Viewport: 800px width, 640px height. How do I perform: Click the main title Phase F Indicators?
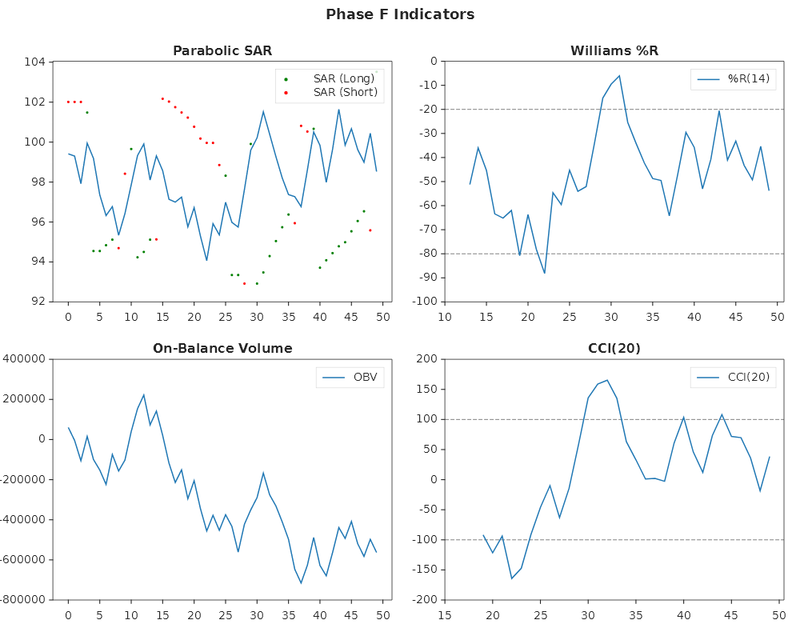400,14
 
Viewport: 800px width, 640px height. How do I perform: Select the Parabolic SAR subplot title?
222,50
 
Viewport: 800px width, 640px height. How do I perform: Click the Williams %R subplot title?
614,50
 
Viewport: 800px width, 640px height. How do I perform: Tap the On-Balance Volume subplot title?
222,348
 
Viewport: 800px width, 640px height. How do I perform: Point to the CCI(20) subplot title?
614,348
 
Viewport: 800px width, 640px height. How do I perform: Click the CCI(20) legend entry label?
748,377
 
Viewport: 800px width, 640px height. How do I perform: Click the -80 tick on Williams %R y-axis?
424,254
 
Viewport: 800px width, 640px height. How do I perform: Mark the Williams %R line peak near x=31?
619,76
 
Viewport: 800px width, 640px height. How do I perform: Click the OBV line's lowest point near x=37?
301,582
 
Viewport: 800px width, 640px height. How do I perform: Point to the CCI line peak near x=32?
607,380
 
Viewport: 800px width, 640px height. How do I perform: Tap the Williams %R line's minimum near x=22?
545,273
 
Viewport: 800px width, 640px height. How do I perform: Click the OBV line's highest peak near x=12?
143,395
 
